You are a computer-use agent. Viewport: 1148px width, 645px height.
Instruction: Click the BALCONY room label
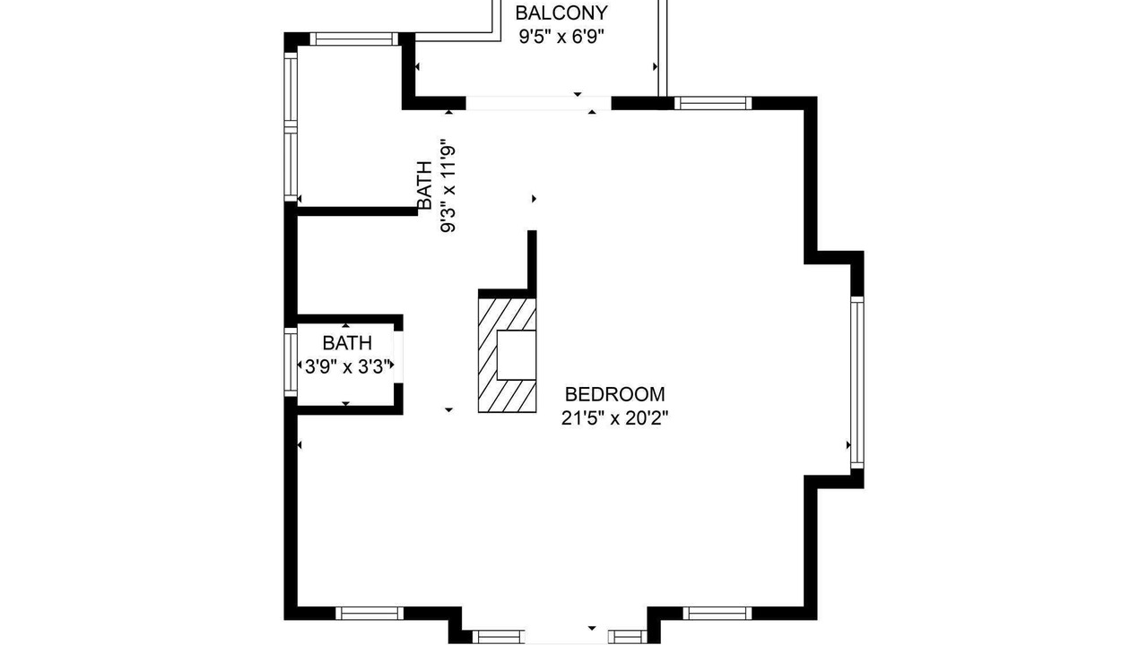pyautogui.click(x=561, y=13)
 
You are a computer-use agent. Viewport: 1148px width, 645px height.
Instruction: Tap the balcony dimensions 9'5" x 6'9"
pyautogui.click(x=561, y=37)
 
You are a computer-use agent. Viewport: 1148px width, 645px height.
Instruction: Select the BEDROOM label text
pyautogui.click(x=615, y=394)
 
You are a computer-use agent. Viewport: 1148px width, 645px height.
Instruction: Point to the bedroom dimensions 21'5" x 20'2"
pyautogui.click(x=615, y=418)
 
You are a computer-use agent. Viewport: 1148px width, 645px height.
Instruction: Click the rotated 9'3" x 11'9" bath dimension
pyautogui.click(x=448, y=185)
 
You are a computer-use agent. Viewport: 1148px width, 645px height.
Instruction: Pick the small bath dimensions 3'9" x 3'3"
pyautogui.click(x=347, y=366)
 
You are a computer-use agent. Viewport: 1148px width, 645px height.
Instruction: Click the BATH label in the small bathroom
pyautogui.click(x=347, y=342)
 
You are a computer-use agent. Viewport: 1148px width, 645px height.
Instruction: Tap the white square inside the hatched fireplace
pyautogui.click(x=517, y=355)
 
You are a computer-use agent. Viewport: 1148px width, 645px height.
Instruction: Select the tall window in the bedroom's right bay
pyautogui.click(x=857, y=383)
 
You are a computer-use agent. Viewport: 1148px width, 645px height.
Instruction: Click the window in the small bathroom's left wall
pyautogui.click(x=291, y=362)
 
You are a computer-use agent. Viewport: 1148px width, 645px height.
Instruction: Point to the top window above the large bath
pyautogui.click(x=354, y=39)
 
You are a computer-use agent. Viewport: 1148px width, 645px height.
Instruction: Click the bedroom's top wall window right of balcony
pyautogui.click(x=713, y=103)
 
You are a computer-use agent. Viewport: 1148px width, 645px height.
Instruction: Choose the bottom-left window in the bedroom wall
pyautogui.click(x=370, y=614)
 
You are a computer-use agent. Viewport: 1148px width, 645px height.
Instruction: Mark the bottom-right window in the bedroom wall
pyautogui.click(x=717, y=614)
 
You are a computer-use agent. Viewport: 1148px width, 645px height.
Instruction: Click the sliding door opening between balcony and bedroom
pyautogui.click(x=539, y=103)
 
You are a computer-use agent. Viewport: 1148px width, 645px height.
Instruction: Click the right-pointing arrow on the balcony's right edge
pyautogui.click(x=655, y=66)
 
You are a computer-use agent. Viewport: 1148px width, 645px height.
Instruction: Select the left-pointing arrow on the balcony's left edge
pyautogui.click(x=417, y=66)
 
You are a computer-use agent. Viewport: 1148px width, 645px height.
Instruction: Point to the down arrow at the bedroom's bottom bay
pyautogui.click(x=592, y=628)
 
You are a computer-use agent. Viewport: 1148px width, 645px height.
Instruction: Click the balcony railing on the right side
pyautogui.click(x=663, y=48)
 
